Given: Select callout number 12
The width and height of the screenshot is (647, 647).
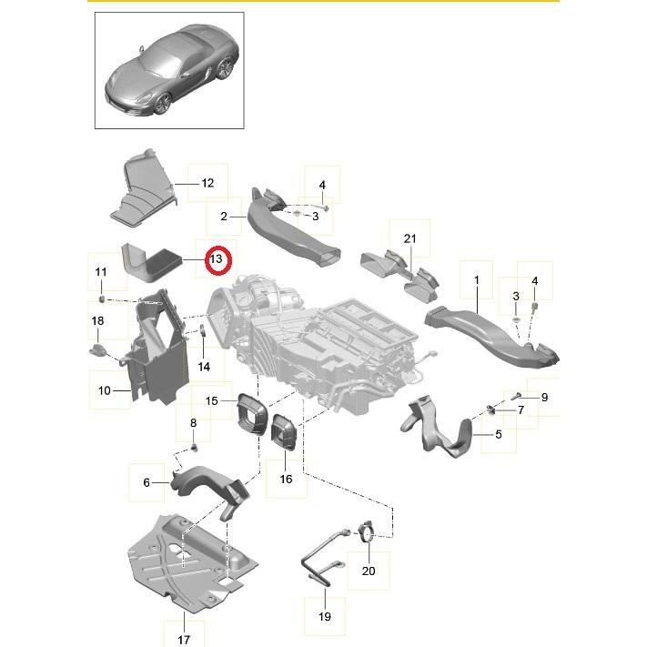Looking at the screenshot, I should pos(207,183).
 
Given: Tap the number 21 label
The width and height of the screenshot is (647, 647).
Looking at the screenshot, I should pos(409,239).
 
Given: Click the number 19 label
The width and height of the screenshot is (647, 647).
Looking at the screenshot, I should pos(325,616).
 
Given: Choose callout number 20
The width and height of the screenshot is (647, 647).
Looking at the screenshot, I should pos(368,571).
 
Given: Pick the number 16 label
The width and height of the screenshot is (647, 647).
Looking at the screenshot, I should pos(287,479).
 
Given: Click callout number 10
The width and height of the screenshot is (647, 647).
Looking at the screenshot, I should pos(104,390).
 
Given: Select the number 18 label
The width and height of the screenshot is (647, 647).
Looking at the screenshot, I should pos(97,320).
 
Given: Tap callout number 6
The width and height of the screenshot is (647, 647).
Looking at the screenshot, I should pos(147,482).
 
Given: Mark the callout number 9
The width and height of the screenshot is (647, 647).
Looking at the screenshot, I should pos(544,397).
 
